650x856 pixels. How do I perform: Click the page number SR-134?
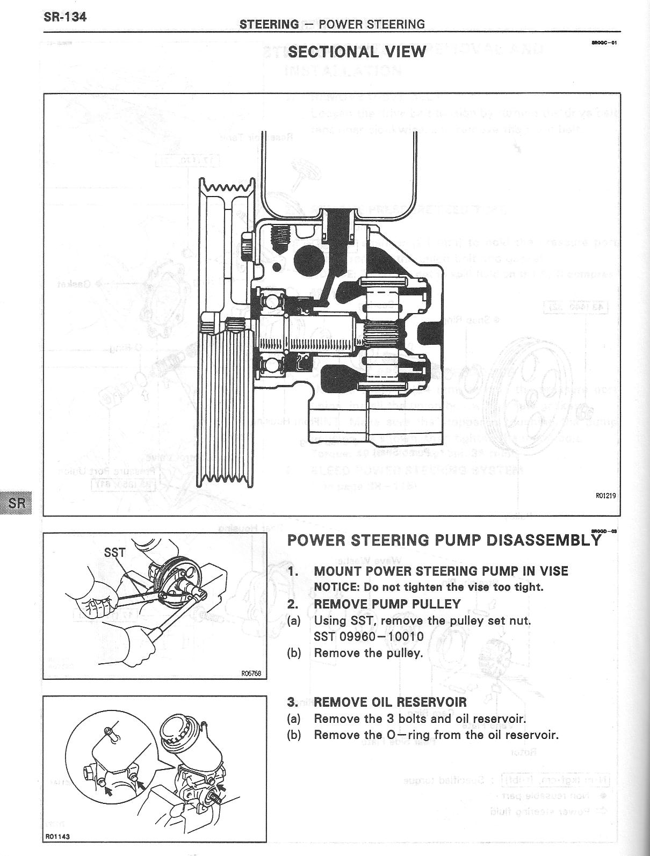(65, 16)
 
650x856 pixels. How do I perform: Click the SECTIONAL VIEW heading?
(357, 52)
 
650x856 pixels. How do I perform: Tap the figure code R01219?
(605, 496)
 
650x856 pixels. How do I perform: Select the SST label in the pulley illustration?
(114, 552)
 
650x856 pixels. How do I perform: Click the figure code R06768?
(251, 673)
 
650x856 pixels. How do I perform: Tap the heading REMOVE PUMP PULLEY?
(387, 604)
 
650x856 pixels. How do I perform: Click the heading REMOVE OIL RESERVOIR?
(390, 702)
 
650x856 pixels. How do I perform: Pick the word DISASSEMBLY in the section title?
(543, 540)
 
